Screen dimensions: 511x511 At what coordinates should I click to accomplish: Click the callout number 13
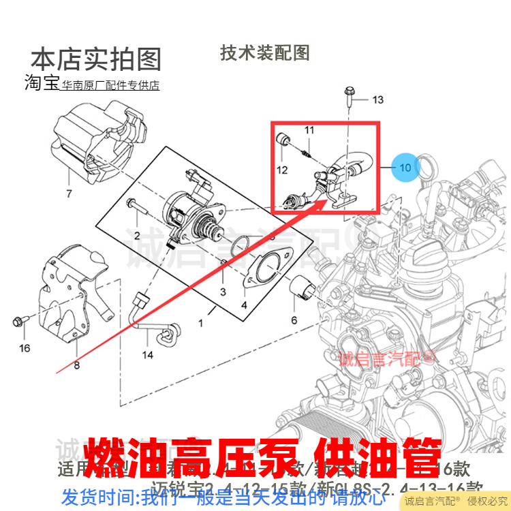377,100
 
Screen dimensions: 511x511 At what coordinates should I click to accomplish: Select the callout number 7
68,194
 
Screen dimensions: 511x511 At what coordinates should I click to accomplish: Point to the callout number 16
25,348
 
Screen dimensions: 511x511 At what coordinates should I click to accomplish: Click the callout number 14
148,355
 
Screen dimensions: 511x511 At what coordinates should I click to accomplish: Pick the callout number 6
294,320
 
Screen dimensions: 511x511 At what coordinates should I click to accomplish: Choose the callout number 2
137,236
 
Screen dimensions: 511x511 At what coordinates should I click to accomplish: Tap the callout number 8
76,366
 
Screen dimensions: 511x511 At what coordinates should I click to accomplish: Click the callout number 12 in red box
281,170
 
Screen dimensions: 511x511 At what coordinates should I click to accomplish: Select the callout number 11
309,130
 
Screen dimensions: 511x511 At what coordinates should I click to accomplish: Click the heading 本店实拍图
96,59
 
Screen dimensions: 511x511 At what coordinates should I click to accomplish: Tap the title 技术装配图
265,52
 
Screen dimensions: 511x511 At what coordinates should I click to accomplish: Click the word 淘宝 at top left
42,83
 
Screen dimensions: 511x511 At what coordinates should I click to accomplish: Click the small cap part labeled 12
283,142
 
